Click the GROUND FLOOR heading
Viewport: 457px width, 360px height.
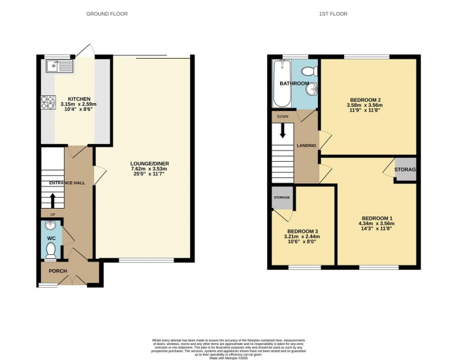tap(108, 14)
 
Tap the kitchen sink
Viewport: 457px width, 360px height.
tap(59, 65)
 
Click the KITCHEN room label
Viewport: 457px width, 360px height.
tap(79, 98)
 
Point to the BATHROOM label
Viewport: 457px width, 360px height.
tap(294, 84)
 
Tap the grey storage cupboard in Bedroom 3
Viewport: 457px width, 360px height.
tap(282, 198)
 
